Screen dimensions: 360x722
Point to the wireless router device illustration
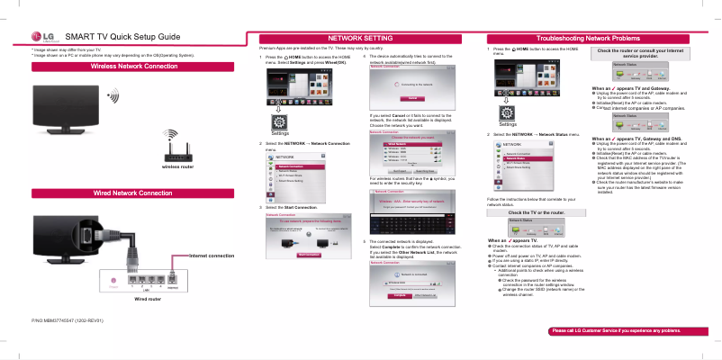pyautogui.click(x=176, y=147)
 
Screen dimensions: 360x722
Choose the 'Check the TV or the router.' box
pyautogui.click(x=536, y=211)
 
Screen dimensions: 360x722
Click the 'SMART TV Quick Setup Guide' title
pyautogui.click(x=122, y=35)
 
